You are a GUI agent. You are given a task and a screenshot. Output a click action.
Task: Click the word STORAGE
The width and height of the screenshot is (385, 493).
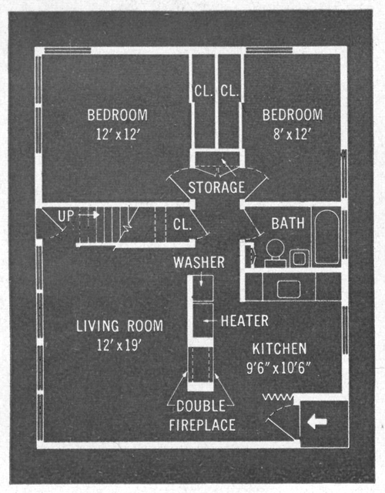click(216, 187)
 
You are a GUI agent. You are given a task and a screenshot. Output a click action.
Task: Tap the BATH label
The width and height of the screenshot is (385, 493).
click(288, 223)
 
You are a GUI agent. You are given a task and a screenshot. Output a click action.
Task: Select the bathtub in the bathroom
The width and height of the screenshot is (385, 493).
click(327, 237)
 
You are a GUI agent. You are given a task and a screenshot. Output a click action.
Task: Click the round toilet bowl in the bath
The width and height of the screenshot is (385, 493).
click(276, 247)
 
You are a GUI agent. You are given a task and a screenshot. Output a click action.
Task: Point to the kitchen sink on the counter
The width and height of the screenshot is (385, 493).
click(289, 289)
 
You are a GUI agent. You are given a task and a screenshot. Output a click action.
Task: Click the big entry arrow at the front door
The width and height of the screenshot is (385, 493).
click(317, 421)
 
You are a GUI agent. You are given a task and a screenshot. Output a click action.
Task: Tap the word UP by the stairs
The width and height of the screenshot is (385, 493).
click(66, 216)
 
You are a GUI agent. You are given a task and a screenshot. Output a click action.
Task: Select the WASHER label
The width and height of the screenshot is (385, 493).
click(199, 263)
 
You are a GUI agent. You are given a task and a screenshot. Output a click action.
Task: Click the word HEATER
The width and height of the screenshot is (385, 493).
click(245, 321)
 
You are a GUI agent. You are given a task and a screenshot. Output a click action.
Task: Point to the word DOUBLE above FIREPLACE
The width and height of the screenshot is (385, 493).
click(201, 406)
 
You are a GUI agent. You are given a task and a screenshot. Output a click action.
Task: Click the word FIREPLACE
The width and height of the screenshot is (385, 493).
click(202, 425)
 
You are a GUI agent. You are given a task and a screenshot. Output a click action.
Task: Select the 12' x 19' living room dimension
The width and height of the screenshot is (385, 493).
click(119, 345)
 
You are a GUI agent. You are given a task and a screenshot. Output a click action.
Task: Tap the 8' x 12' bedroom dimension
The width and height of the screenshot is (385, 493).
click(292, 134)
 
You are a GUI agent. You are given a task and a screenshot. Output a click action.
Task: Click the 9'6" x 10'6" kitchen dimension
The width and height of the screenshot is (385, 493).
click(279, 368)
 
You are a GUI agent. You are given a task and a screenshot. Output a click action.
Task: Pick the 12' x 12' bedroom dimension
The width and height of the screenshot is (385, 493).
click(117, 134)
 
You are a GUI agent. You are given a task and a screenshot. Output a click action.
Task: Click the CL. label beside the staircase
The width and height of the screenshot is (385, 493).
click(182, 224)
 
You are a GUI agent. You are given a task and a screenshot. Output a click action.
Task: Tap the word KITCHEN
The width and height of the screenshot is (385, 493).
click(280, 349)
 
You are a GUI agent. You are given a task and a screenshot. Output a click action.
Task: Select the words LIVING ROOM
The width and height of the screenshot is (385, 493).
click(120, 326)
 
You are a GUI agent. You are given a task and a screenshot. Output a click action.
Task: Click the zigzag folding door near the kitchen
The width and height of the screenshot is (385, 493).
click(278, 397)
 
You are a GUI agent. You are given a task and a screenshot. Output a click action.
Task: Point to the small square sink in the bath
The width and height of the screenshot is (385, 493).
click(300, 258)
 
